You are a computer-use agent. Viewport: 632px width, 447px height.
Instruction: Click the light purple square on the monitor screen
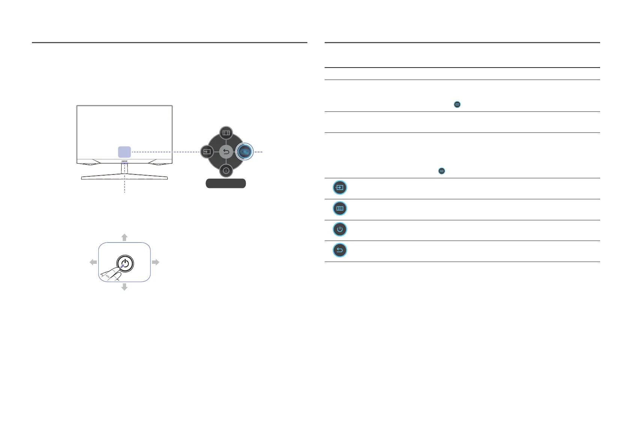125,152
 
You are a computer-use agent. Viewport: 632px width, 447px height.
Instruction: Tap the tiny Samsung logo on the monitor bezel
125,161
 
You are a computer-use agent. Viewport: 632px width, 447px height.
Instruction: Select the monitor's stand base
124,177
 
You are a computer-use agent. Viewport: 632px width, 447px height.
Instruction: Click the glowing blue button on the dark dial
244,152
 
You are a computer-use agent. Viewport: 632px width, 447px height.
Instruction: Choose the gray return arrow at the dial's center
226,152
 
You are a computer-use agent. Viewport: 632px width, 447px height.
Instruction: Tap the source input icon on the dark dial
207,152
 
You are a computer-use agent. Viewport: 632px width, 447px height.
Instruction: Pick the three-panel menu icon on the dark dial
226,133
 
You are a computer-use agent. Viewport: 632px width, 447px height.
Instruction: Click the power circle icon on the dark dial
226,171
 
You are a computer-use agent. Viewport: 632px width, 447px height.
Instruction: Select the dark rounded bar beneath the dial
226,183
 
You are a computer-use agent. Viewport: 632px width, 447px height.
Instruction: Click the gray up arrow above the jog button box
125,237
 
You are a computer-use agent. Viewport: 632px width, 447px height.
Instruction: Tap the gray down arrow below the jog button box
125,287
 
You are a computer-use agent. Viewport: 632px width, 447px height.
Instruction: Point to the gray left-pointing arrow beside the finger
93,262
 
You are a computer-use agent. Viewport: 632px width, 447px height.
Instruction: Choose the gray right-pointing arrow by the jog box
156,262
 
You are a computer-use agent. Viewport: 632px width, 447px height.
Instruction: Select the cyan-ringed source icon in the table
340,188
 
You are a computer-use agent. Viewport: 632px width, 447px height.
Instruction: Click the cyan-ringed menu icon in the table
340,208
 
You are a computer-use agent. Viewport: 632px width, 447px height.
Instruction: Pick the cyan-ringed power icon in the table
340,229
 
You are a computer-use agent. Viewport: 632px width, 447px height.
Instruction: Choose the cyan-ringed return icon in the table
340,250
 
